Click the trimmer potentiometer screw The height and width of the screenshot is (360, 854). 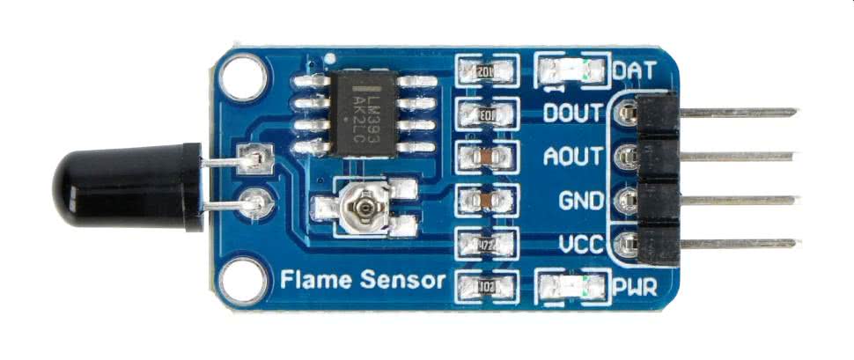pyautogui.click(x=361, y=209)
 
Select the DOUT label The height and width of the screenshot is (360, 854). pyautogui.click(x=573, y=114)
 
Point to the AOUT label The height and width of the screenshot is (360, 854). pyautogui.click(x=573, y=157)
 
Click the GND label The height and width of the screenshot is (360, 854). pyautogui.click(x=581, y=200)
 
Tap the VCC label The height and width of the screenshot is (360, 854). pyautogui.click(x=580, y=244)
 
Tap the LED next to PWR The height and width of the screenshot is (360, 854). pyautogui.click(x=572, y=285)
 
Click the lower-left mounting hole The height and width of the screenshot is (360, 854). pyautogui.click(x=239, y=281)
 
